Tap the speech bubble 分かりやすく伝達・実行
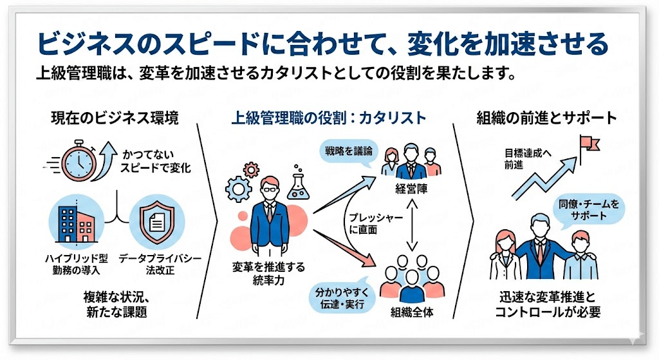coord(340,296)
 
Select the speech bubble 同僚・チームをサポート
coord(587,210)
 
